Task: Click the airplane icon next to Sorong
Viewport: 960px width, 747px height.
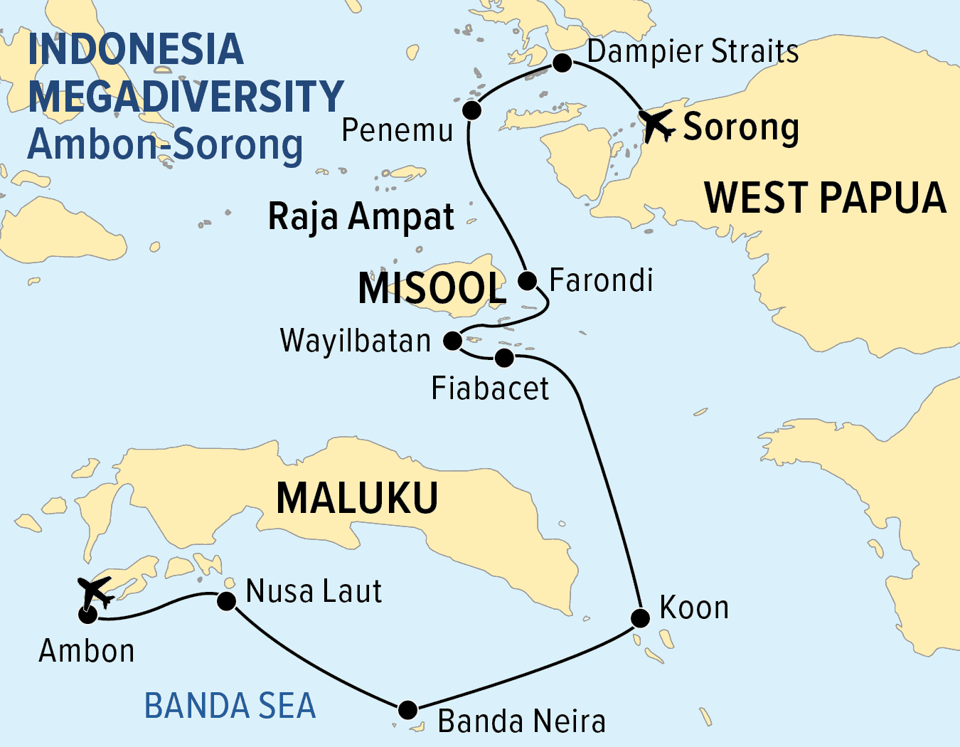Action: tap(656, 125)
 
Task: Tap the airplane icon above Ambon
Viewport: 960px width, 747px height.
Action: tap(95, 591)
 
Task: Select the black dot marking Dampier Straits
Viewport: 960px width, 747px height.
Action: tap(562, 63)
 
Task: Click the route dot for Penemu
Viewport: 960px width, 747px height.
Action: tap(471, 110)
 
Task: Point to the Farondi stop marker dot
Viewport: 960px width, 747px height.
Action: tap(527, 280)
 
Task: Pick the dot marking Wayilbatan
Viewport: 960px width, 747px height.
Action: tap(453, 341)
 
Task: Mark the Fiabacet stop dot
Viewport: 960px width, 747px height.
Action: tap(504, 357)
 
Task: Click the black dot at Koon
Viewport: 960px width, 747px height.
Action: tap(640, 618)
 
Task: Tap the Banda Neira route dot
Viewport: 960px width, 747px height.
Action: tap(407, 709)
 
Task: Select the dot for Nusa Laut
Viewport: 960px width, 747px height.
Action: tap(226, 602)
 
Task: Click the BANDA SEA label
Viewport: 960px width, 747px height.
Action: tap(230, 706)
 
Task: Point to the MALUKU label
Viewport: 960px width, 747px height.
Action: tap(357, 498)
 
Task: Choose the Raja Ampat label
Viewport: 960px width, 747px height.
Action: tap(361, 216)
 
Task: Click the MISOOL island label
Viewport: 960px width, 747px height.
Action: tap(432, 288)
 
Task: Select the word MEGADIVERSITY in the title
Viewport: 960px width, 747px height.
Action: tap(186, 97)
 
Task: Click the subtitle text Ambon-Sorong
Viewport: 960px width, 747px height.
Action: tap(166, 144)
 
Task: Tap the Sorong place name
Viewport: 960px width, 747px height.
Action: tap(741, 128)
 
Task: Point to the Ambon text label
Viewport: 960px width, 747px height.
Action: tap(87, 651)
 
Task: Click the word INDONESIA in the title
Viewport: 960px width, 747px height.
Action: tap(136, 49)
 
